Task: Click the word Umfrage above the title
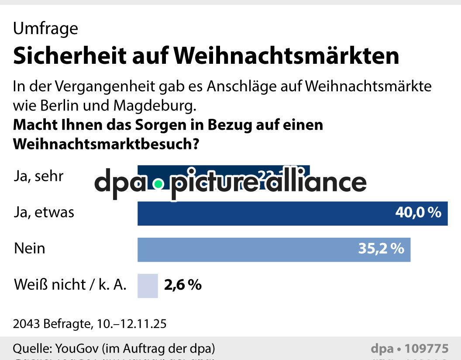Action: (45, 29)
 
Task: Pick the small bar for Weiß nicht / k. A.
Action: (148, 285)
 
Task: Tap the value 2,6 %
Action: (183, 285)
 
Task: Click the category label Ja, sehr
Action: (39, 177)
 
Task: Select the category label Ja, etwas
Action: (44, 213)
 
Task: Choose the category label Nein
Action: (30, 249)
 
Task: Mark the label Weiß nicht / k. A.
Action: (70, 285)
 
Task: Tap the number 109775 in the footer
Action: (427, 349)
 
